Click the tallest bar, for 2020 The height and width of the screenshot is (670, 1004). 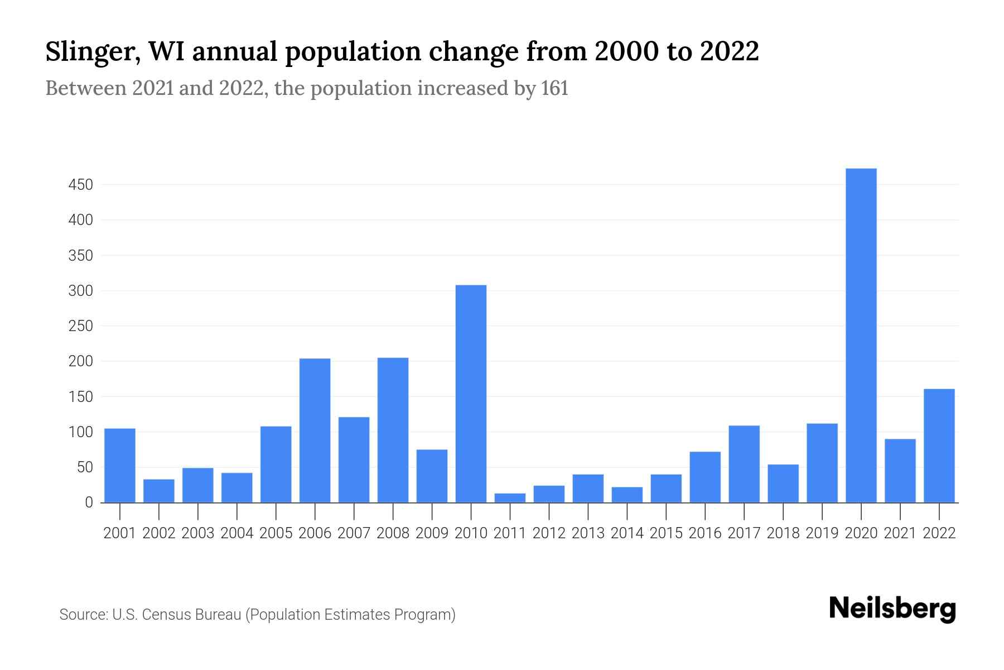click(861, 335)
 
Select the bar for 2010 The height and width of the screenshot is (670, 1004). click(471, 394)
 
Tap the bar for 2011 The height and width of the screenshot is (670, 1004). click(510, 497)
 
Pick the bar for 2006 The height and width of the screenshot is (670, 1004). click(315, 430)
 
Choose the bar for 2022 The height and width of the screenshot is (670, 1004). click(939, 446)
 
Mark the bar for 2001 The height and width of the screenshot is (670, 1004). click(120, 465)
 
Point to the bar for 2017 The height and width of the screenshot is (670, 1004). click(744, 464)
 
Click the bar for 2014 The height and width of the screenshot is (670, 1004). click(627, 495)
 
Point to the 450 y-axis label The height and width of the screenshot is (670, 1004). click(80, 185)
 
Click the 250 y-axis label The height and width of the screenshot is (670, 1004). click(80, 326)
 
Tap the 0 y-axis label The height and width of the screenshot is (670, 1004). click(89, 502)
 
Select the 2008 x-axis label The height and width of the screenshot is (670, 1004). click(393, 533)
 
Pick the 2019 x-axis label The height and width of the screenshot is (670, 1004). click(822, 533)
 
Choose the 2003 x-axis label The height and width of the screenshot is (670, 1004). click(198, 533)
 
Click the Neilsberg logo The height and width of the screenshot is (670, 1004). click(892, 609)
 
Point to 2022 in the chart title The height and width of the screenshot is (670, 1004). click(729, 51)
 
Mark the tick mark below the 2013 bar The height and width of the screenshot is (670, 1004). click(588, 510)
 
